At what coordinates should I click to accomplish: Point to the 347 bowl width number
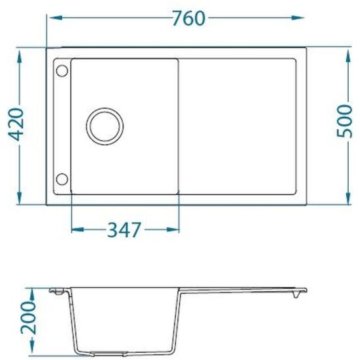(124, 231)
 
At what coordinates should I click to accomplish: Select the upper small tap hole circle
(62, 70)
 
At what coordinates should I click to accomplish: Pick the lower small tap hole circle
(62, 178)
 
